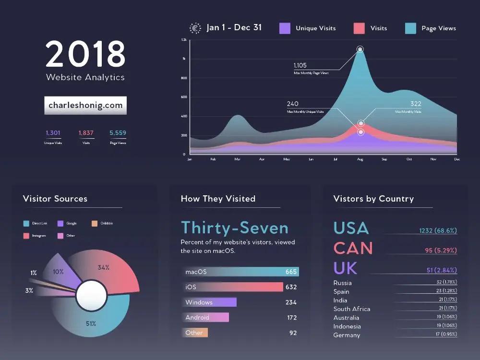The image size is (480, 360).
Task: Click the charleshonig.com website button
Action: [x=85, y=106]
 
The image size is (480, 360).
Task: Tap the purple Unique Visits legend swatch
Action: [x=285, y=28]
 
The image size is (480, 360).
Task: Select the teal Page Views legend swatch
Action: [x=410, y=28]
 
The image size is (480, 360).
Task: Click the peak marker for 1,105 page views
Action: [x=360, y=49]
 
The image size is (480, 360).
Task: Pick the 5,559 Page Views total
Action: [x=118, y=133]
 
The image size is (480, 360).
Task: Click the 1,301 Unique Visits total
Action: [x=53, y=133]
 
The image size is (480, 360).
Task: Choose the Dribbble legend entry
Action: [x=102, y=223]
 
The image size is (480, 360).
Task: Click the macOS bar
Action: [x=240, y=272]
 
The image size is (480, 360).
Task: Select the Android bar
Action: [x=207, y=317]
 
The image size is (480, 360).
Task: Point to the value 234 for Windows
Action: [x=290, y=302]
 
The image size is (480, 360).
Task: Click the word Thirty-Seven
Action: [x=235, y=228]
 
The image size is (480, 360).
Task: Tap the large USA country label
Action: [x=351, y=228]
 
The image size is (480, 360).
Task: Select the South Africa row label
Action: [x=351, y=309]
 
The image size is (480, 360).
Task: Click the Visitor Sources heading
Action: [x=55, y=199]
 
